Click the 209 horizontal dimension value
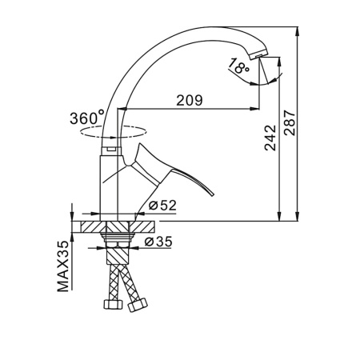pos(190,100)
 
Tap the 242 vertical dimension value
pos(270,138)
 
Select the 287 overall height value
pos(290,122)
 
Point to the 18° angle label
pos(238,66)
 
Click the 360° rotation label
pos(87,118)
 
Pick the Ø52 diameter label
pos(162,206)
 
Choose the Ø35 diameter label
pos(158,242)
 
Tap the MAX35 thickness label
pos(63,266)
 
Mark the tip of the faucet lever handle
pos(213,194)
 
